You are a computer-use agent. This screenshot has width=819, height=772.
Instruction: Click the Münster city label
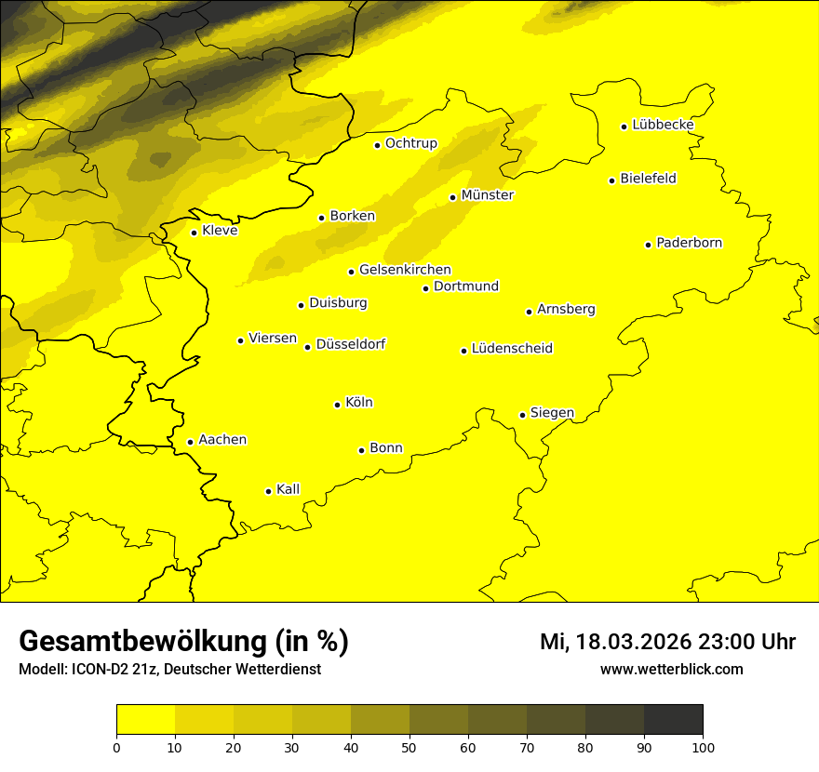click(x=487, y=195)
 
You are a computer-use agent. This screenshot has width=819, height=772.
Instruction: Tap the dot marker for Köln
click(x=337, y=405)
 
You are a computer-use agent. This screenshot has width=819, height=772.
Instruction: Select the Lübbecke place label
click(x=663, y=125)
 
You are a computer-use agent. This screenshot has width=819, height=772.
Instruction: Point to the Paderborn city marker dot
click(x=648, y=245)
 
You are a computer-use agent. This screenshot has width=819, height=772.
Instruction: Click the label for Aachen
click(x=222, y=440)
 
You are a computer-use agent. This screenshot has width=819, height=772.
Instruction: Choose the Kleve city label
click(x=220, y=231)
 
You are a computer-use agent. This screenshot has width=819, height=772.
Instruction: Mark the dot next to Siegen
click(x=522, y=415)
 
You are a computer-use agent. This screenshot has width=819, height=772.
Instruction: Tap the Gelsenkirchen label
click(x=405, y=270)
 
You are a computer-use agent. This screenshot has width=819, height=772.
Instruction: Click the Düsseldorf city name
click(x=351, y=344)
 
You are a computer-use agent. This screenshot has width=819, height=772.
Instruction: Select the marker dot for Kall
click(x=268, y=491)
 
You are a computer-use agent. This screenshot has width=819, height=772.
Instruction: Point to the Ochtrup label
click(x=410, y=143)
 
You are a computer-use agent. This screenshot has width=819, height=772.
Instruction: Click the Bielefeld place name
click(x=648, y=179)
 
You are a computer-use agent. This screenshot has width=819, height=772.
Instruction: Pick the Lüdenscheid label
click(x=512, y=349)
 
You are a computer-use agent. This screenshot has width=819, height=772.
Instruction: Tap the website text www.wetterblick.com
click(x=671, y=670)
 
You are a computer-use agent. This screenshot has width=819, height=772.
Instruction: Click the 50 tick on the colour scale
click(x=409, y=746)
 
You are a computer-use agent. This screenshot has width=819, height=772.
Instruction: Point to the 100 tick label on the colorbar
click(x=703, y=746)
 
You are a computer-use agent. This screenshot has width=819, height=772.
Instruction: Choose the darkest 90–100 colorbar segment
click(x=673, y=720)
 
